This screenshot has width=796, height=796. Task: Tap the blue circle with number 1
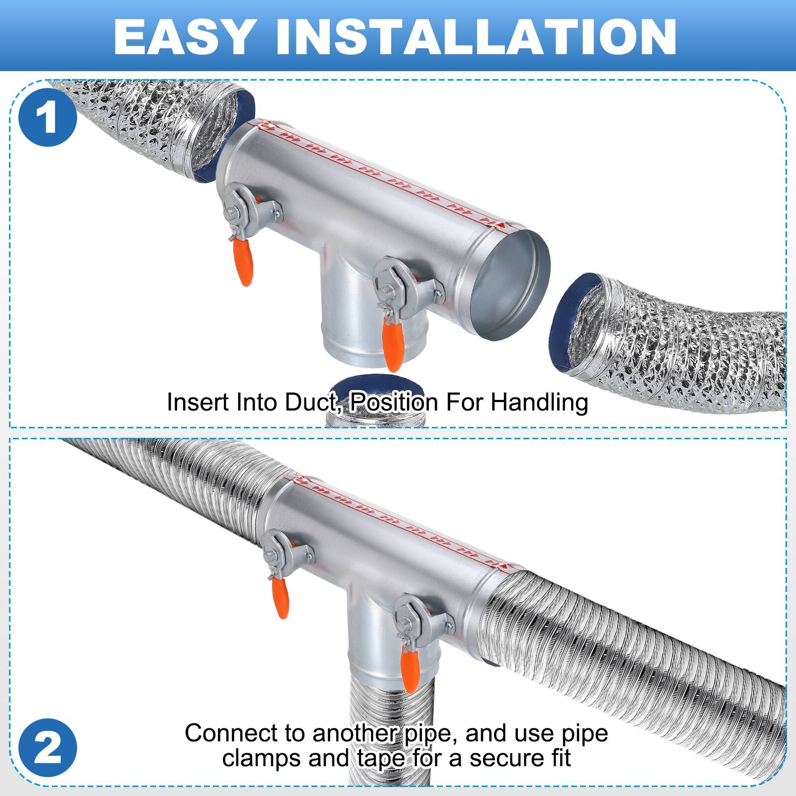(47, 118)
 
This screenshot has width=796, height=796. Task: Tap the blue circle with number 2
(47, 748)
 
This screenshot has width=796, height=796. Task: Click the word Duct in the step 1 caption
(313, 402)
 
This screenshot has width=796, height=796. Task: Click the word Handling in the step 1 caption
(539, 402)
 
